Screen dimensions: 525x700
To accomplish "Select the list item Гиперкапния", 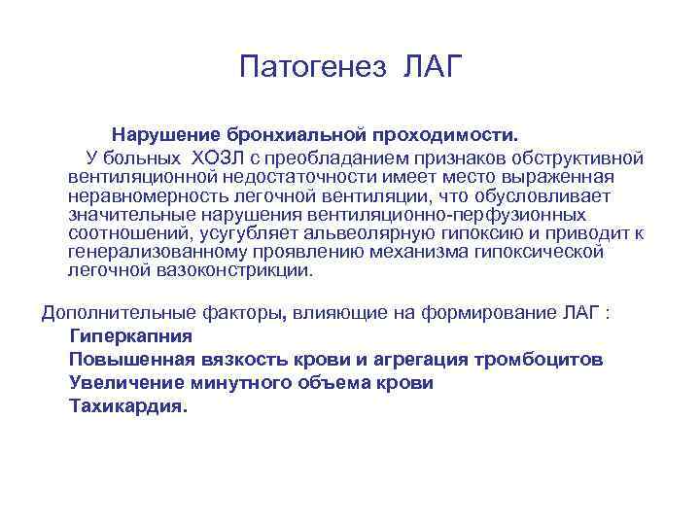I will coord(130,335).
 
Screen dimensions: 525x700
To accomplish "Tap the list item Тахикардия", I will coord(126,406).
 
